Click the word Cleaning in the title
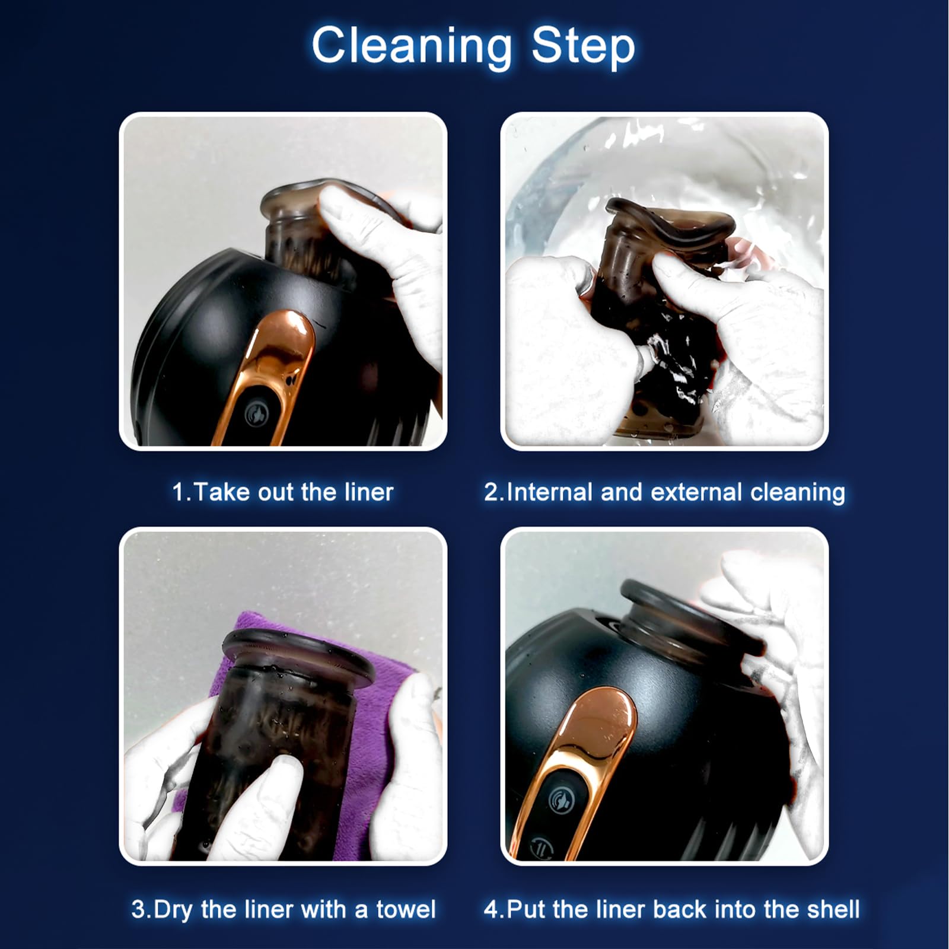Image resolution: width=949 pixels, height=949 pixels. pos(411,46)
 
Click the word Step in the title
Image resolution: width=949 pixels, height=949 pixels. pos(583,45)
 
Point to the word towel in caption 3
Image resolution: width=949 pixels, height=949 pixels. pos(406,909)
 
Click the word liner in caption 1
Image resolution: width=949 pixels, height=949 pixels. pos(368,492)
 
